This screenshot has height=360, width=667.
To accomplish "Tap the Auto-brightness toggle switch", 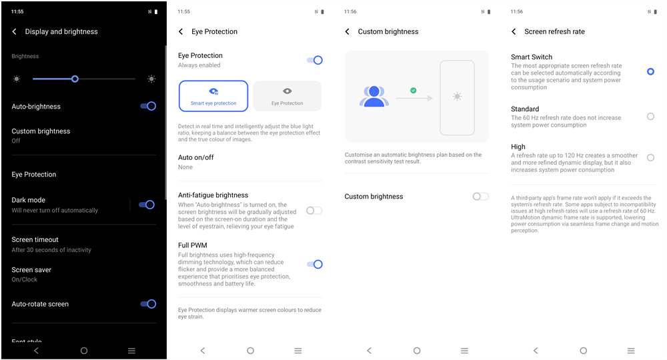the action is [148, 106].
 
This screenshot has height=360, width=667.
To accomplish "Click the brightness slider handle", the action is [75, 79].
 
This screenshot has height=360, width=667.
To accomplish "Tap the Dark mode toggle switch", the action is [147, 205].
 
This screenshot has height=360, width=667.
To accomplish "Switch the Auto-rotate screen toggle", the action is [148, 304].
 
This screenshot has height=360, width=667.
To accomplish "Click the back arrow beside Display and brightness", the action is [15, 31].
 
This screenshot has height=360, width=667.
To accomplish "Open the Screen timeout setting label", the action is [35, 240].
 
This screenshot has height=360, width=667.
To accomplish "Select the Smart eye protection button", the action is [213, 96].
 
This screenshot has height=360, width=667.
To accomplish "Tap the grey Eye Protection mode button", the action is [287, 96].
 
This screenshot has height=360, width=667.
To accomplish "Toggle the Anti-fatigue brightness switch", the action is [314, 211].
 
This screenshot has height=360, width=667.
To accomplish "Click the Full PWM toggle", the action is [315, 265].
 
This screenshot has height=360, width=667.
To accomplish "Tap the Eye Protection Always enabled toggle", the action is [315, 61].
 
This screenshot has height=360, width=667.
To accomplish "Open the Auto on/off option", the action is [195, 157].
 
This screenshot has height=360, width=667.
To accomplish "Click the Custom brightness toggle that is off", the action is [481, 197].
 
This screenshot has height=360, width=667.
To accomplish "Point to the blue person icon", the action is [374, 96].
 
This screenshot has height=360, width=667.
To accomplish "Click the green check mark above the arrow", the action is [413, 90].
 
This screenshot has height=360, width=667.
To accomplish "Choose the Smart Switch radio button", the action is [650, 71].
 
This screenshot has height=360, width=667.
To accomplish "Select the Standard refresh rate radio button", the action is [650, 117].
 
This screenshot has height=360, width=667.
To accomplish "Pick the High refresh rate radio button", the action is [650, 158].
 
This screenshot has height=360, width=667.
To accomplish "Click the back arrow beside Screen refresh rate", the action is [514, 31].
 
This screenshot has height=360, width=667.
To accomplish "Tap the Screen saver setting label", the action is [31, 270].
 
